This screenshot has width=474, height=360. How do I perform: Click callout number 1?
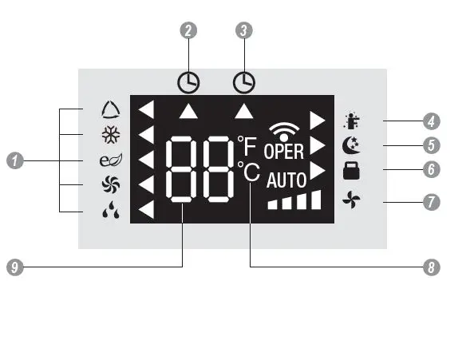coord(14,160)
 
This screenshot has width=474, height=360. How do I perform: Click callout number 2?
coord(188,30)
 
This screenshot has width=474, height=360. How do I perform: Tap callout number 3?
coord(245,30)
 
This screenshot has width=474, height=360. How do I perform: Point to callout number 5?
coord(431,146)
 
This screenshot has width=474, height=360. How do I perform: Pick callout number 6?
coord(431,170)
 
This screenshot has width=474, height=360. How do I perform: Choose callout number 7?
coord(431,201)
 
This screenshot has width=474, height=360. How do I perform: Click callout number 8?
coord(431,267)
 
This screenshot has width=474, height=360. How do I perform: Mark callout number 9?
coord(14,267)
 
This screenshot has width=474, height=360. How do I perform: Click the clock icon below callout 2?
coord(188,81)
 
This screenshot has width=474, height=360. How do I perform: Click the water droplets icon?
coord(109,212)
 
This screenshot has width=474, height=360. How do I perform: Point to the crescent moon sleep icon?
coord(350,146)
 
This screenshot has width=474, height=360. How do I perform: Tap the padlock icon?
coord(350,170)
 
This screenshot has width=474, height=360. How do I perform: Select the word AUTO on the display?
coord(286,180)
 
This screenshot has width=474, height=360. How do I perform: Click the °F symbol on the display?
coord(246,145)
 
